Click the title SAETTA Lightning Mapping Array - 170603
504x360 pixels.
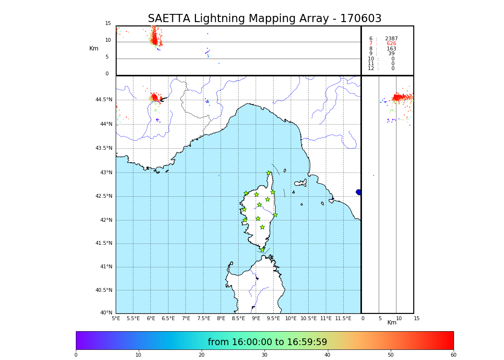[x=264, y=19]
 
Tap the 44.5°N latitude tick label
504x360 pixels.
[x=104, y=100]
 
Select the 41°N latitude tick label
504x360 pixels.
[x=106, y=267]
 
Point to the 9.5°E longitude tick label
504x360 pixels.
[x=273, y=318]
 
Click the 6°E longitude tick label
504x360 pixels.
[x=151, y=318]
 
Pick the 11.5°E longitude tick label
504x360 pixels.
[x=343, y=318]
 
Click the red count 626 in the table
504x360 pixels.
[x=391, y=44]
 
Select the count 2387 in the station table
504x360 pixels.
[x=391, y=39]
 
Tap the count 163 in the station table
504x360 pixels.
[x=391, y=49]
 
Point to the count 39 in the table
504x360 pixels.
[x=391, y=54]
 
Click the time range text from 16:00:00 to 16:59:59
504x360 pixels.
[x=267, y=342]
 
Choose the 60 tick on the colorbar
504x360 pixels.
[x=453, y=355]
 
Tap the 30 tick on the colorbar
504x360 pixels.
[x=264, y=355]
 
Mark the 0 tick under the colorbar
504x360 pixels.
[x=76, y=355]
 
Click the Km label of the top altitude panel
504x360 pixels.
[x=94, y=48]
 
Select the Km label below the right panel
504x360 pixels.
[x=392, y=323]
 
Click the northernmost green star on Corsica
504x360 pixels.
[x=269, y=173]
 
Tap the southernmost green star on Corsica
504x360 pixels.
[x=262, y=250]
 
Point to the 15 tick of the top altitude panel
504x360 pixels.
[x=108, y=24]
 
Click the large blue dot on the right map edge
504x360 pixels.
[x=359, y=192]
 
